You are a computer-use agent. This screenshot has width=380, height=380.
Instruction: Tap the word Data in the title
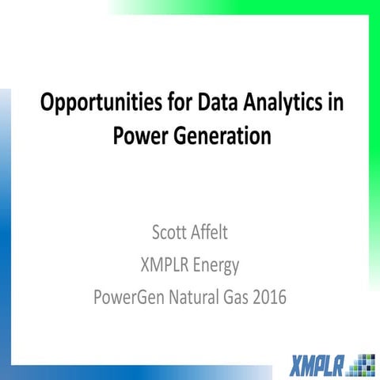point(212,104)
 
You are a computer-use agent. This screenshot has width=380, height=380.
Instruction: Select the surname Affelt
point(221,234)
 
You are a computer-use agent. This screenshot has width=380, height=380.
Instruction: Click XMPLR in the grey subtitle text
point(164,266)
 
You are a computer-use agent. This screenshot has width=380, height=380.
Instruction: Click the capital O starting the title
point(48,104)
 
